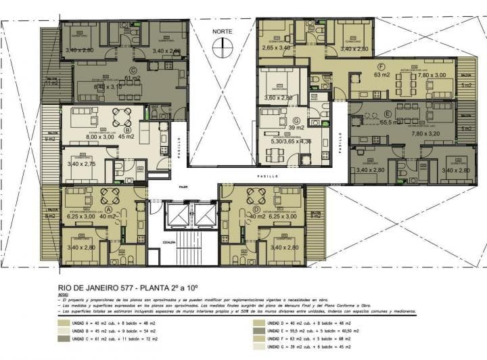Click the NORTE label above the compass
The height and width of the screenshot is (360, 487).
coord(222,32)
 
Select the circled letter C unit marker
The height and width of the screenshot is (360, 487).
coord(133,69)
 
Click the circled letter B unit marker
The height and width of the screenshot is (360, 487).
coord(127,130)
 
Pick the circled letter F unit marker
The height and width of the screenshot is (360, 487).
coord(382,66)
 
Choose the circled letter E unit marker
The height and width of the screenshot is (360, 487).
coord(387,113)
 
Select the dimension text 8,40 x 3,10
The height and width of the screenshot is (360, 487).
coord(108,87)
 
